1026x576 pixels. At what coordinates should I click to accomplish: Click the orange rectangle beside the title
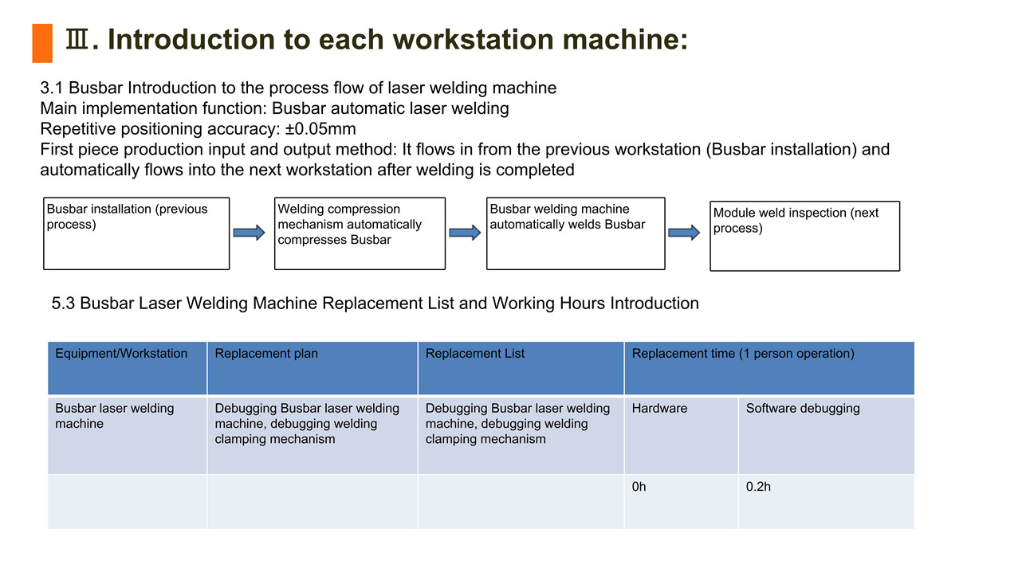point(42,43)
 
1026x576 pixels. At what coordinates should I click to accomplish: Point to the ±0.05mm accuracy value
point(320,128)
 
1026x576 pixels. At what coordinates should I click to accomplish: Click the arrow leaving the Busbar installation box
point(250,233)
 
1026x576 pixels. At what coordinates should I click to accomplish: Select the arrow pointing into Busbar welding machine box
point(465,233)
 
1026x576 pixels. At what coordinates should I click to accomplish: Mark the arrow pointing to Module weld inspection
point(684,233)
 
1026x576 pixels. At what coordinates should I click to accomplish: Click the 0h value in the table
point(639,486)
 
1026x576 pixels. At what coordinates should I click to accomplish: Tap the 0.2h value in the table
point(758,486)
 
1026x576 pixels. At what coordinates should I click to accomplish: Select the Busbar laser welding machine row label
point(115,416)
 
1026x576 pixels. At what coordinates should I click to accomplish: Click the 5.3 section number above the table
point(63,303)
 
